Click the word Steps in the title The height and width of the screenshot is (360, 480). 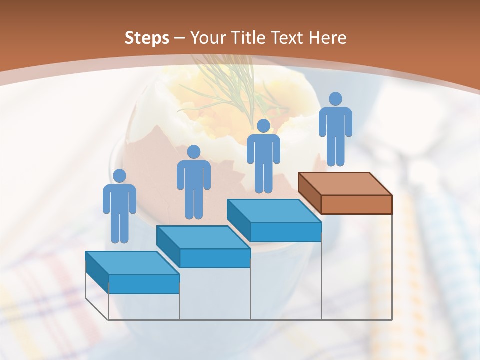147,38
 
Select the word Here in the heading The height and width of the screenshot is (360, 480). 327,38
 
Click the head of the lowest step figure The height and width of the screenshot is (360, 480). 119,176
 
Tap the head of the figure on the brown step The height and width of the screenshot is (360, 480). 335,99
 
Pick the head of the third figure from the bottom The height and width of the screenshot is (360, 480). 263,126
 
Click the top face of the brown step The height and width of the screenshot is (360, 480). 345,183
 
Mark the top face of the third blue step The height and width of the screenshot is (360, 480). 274,211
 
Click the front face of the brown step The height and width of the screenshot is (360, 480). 356,204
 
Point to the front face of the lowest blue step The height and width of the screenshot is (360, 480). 144,284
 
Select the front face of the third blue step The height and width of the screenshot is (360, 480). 285,232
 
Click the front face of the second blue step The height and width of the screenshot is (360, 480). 215,258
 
